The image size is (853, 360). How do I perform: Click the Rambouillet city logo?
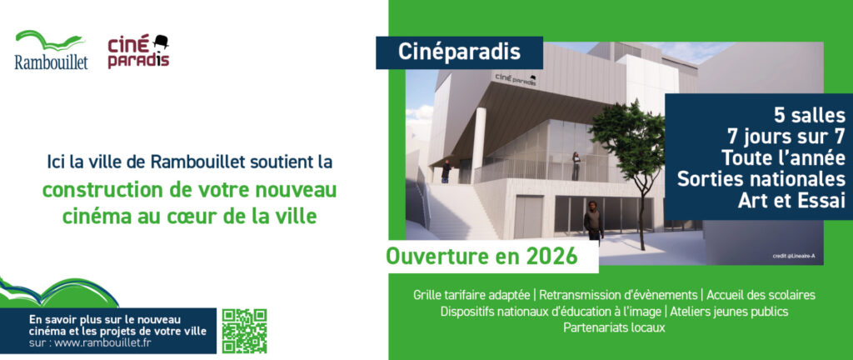pos(51,50)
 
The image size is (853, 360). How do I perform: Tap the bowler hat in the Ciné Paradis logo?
pos(161,42)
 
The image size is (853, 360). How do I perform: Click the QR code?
pos(244,331)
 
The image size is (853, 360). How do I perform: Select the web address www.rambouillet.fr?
pos(102,342)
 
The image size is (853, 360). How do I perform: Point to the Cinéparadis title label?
pos(459,52)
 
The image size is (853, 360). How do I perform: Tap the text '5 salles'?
pos(810,116)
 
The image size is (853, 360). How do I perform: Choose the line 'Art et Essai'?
pos(791,201)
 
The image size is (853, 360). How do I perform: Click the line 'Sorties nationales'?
pos(761,179)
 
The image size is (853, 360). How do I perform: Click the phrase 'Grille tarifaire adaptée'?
pos(471,295)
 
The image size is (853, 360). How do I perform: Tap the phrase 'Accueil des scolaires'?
pos(761,295)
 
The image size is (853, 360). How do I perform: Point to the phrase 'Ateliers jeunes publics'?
pos(729,312)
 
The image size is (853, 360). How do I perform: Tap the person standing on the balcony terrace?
pos(576,165)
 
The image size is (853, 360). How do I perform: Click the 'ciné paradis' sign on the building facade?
pos(516,79)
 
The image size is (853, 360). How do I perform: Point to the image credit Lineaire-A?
pos(793,256)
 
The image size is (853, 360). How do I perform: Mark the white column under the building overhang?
pos(479,145)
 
